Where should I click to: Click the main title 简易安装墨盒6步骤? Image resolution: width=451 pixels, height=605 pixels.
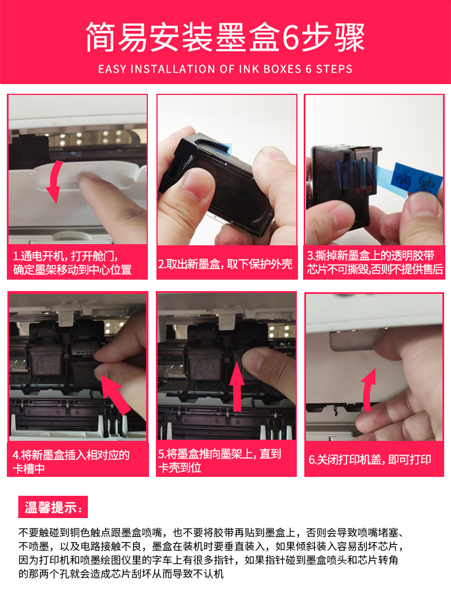click(225, 38)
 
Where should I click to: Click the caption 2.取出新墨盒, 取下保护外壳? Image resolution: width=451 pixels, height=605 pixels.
click(226, 264)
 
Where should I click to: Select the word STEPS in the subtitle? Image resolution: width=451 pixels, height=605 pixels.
click(334, 69)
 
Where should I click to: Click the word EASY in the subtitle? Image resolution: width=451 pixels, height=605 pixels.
click(112, 69)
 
